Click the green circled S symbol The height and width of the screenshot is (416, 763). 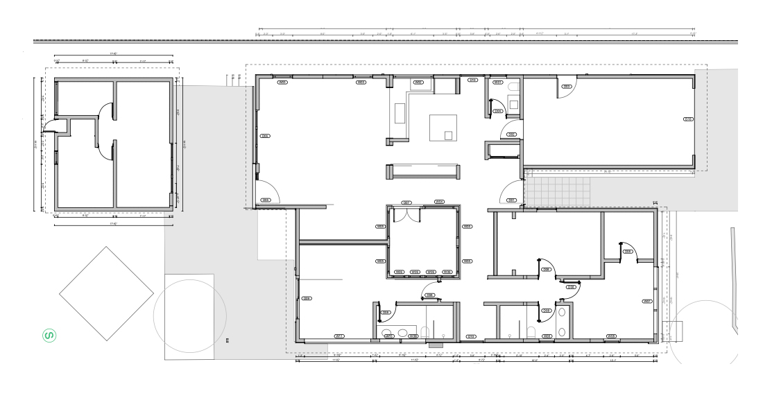[x=50, y=336]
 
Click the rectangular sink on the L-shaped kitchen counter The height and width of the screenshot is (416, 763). [x=400, y=113]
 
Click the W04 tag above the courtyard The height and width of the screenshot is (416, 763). [x=439, y=202]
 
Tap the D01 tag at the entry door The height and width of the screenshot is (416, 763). [x=512, y=200]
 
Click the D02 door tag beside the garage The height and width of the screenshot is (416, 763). [x=512, y=134]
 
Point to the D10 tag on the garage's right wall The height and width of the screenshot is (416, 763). [x=688, y=119]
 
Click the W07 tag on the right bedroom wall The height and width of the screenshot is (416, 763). [x=648, y=302]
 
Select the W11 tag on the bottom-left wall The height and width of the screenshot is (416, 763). [x=340, y=336]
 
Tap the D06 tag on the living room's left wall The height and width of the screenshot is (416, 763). [x=265, y=136]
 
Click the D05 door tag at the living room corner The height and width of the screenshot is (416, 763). [x=265, y=200]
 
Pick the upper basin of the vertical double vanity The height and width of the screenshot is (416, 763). [x=562, y=312]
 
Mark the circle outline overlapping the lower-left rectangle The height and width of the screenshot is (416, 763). [x=189, y=316]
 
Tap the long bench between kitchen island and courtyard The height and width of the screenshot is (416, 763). [x=423, y=171]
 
